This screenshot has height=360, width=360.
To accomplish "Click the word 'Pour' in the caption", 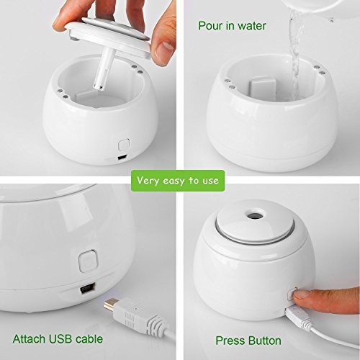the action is coord(210,26).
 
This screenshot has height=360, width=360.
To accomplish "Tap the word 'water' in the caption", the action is coord(251,26).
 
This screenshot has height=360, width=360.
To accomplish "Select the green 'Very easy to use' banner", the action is coord(178,181).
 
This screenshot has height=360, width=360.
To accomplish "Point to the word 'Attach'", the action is coord(30,339).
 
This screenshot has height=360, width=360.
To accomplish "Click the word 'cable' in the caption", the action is coord(89,339).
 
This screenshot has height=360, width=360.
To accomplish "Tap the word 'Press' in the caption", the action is coord(230,341).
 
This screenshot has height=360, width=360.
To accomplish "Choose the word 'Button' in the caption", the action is coord(265,341).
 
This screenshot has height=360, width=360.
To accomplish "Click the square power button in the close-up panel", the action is coord(89,261).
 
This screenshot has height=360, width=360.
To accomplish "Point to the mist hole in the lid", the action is coord(255,214).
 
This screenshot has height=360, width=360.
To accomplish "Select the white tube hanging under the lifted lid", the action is coord(102,70).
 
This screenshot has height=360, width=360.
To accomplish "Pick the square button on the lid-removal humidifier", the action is coord(124,145).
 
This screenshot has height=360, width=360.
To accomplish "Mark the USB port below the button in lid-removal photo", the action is coord(122,158).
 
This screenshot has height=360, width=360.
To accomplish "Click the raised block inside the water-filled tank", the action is coord(262,86).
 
